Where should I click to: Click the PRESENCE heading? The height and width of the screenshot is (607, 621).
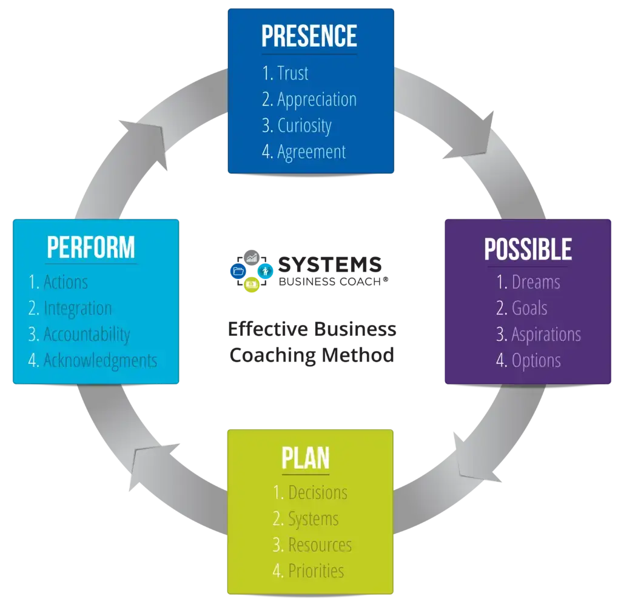point(309,36)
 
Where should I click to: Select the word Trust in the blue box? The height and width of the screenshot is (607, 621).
point(293,73)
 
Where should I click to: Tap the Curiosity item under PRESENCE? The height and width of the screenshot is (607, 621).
point(304,126)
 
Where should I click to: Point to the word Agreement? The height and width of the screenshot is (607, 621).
point(312,152)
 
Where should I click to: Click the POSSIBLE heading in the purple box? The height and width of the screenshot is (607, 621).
point(528,249)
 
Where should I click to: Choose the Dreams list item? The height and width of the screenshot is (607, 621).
point(536,282)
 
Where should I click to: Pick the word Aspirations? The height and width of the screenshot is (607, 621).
point(546,334)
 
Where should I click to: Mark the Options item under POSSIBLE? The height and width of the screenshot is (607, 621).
point(536,360)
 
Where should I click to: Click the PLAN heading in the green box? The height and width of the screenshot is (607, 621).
point(306,458)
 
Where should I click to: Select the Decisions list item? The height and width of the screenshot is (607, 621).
point(318,492)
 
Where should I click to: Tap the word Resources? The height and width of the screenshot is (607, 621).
point(320,545)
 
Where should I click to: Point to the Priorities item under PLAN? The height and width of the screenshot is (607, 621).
point(316,571)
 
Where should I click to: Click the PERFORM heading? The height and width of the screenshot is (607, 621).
point(91,247)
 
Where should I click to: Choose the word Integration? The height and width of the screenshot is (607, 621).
point(78,308)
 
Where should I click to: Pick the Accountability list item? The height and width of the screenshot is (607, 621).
point(87,334)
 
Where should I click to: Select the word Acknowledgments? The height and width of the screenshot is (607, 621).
point(100,360)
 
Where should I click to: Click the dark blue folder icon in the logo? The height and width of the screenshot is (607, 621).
point(237,271)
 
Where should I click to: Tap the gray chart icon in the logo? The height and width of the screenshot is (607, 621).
point(252,257)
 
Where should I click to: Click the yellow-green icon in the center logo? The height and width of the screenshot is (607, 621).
point(251,285)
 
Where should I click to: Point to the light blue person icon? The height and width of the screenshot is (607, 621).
point(266,270)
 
